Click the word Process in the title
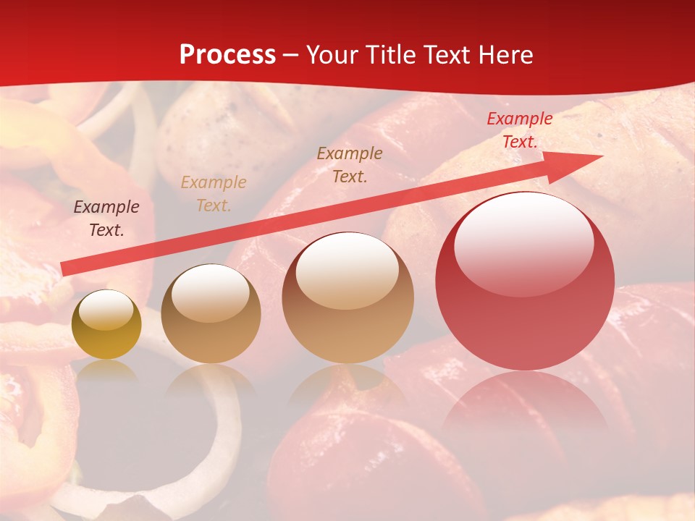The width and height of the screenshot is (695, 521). click(227, 55)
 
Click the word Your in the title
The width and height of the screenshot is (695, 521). click(329, 55)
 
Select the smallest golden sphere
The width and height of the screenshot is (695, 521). click(106, 325)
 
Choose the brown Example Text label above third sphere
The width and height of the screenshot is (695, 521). click(350, 164)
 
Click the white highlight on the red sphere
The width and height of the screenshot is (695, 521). click(523, 242)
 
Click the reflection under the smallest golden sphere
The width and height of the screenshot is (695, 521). click(106, 373)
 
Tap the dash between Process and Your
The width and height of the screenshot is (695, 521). click(291, 55)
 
